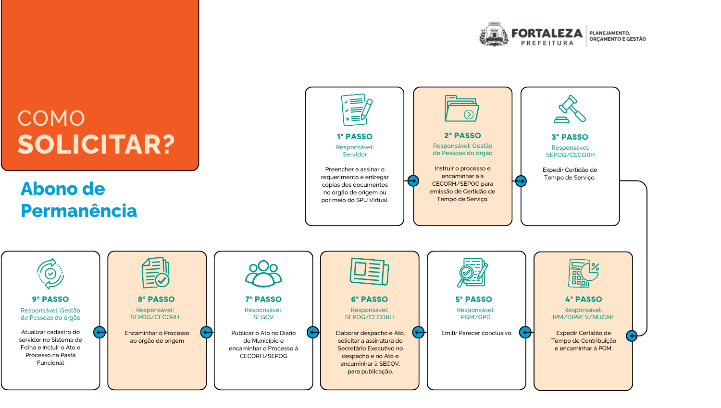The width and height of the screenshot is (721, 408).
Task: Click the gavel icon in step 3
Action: tap(570, 109)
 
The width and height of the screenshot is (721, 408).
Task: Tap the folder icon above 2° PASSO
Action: tap(462, 108)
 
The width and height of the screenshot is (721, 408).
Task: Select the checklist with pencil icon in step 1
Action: tap(356, 110)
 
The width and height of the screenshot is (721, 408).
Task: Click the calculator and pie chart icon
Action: tap(584, 273)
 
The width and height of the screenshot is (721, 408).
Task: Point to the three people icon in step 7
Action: tap(263, 273)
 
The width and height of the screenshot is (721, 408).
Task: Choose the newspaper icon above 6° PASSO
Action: tap(369, 272)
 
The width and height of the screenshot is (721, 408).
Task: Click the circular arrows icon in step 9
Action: tap(50, 274)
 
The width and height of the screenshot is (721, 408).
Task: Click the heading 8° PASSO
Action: tap(156, 299)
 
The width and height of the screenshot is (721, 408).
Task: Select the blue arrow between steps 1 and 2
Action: tap(413, 181)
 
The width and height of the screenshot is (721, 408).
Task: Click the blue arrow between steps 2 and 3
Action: tap(521, 181)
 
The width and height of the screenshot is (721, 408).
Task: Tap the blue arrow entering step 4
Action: tap(632, 336)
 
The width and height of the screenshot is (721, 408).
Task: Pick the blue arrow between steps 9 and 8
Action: tap(99, 332)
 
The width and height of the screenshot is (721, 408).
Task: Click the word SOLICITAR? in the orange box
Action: tap(96, 144)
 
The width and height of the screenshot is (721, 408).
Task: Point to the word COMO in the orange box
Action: tap(51, 119)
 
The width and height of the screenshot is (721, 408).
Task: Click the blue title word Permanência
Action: tap(79, 211)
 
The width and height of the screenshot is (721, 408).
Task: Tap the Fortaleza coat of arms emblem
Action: tap(494, 35)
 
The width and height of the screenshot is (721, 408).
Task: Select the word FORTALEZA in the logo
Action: tap(547, 33)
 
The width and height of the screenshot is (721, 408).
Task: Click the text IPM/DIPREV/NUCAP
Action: tap(583, 317)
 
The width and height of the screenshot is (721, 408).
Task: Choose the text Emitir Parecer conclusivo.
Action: tap(477, 333)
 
